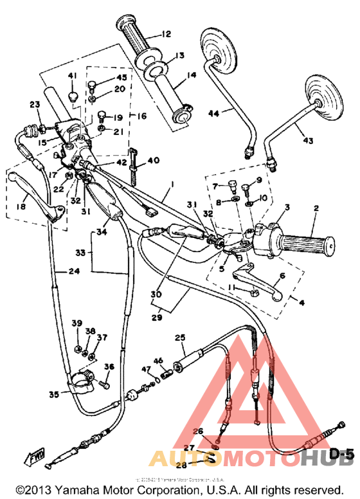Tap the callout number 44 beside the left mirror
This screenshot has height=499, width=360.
point(215,113)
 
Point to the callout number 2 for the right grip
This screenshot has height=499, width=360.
point(316,208)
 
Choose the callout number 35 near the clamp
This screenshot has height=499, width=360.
point(54,394)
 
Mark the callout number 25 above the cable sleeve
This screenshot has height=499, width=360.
point(179,337)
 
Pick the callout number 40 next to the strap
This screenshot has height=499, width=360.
point(152,160)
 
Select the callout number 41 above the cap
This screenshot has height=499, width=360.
point(72,77)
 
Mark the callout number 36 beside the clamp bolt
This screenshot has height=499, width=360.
point(109,367)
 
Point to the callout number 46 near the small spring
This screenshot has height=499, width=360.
point(159,361)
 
